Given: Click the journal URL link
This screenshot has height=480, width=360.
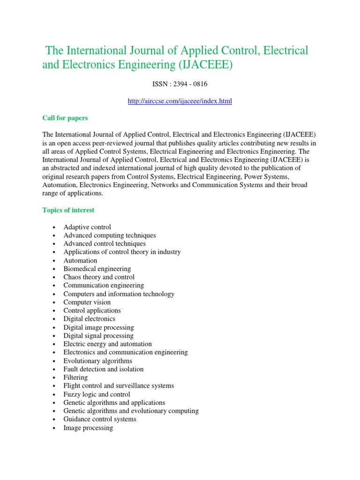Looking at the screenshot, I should tap(180, 101).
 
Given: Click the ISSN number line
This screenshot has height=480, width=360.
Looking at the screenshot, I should tap(180, 84).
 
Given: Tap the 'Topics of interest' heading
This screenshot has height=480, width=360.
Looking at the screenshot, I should tap(68, 210).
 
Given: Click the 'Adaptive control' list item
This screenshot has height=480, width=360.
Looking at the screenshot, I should tap(87, 227).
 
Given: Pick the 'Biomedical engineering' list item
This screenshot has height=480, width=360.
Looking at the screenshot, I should tap(97, 269).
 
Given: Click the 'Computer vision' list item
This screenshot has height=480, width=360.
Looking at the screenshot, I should tap(87, 302).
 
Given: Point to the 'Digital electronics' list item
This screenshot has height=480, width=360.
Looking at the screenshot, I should tap(89, 319).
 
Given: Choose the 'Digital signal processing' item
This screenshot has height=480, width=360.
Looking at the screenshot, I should tap(98, 336).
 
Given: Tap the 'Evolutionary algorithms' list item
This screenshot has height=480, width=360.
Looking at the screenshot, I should tap(97, 361).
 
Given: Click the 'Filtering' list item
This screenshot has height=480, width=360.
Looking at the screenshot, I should tap(75, 377).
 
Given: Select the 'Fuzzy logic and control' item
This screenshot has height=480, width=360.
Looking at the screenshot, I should tap(97, 394).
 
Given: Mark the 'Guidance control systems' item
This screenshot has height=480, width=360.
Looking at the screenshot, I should tap(100, 419).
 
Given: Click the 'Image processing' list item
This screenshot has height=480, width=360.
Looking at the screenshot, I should tap(88, 427).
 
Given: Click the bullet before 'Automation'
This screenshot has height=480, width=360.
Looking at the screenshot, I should tap(55, 261).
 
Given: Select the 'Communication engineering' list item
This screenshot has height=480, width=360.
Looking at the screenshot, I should tap(104, 285).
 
